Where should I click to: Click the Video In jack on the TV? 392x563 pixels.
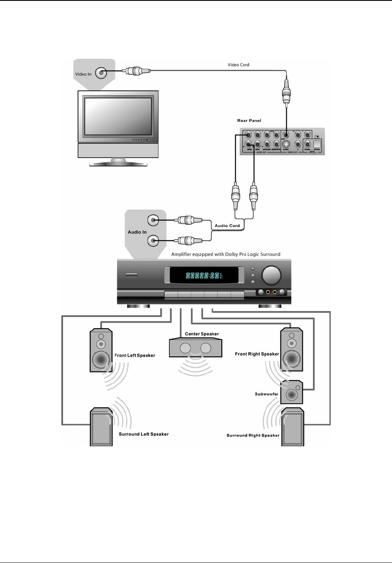coord(101,73)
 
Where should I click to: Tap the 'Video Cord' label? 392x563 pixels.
coord(238,65)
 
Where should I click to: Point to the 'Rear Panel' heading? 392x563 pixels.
coord(249,121)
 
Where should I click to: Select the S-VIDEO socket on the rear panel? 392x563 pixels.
coord(286,143)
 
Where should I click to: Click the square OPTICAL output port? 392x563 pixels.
coord(317,143)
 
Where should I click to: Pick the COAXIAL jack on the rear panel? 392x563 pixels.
coord(307,144)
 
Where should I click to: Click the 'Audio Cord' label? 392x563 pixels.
coord(227,226)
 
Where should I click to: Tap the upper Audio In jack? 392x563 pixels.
coord(153,220)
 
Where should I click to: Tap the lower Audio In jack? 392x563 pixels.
coord(153,241)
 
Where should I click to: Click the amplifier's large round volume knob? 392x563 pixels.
coord(271,275)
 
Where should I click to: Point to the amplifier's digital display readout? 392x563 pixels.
coord(203,276)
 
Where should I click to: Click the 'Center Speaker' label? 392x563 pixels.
coord(202,334)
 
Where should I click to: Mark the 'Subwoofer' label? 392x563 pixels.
coord(267,394)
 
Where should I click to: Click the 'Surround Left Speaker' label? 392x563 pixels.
coord(144,434)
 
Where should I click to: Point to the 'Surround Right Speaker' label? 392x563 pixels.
coord(253,435)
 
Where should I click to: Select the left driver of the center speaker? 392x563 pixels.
coord(186,348)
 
